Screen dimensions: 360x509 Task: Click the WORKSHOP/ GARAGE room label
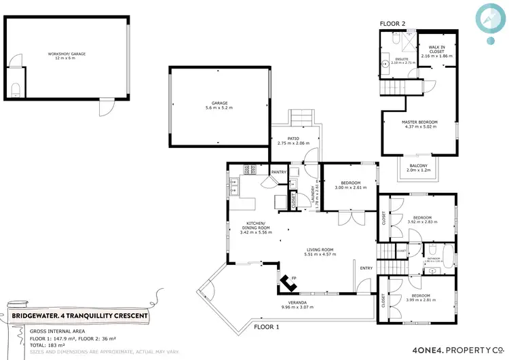67,56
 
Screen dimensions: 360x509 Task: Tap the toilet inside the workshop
16,88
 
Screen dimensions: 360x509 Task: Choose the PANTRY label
279,173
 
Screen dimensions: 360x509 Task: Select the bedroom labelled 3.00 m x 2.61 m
350,185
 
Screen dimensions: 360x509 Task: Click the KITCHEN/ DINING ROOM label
256,229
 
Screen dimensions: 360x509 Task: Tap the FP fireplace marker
293,278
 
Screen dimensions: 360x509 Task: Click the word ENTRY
366,268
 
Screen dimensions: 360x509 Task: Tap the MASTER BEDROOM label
419,124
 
